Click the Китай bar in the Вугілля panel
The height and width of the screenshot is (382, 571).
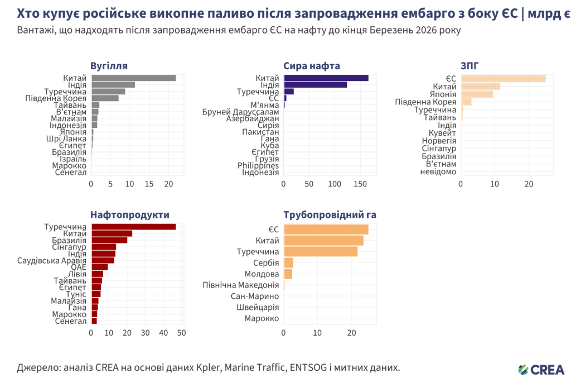[133, 78]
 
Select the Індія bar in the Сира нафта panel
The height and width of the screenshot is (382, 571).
[315, 85]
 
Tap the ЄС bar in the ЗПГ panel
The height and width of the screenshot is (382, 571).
[503, 79]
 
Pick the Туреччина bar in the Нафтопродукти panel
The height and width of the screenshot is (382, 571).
[133, 227]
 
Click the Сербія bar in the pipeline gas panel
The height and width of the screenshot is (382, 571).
[288, 263]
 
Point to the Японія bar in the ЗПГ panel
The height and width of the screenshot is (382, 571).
[477, 94]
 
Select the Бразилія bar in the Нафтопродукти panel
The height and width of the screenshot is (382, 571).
[109, 240]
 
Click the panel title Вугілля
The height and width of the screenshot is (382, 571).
[109, 66]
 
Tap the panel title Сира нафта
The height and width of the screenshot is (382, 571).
[312, 66]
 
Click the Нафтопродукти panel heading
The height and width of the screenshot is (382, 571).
[130, 214]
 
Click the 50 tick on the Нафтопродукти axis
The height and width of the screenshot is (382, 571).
[182, 333]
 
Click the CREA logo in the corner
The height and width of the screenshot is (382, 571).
[541, 369]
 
